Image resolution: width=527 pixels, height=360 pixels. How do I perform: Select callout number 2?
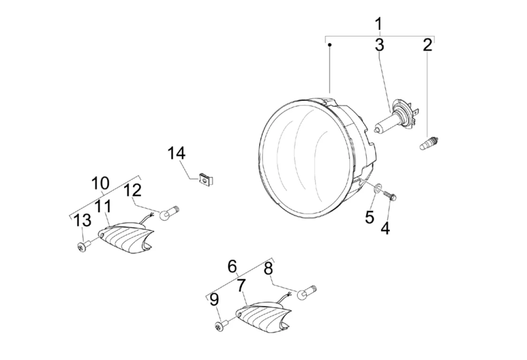pos(427,45)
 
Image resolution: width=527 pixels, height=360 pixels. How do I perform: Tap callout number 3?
pos(379,45)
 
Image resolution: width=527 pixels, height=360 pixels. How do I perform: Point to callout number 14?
pos(177,153)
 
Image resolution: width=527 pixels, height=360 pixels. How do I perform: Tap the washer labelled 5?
pos(378,189)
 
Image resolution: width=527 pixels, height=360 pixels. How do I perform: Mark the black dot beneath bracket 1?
pos(330,45)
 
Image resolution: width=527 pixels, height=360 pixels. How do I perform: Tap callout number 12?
pos(133,190)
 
